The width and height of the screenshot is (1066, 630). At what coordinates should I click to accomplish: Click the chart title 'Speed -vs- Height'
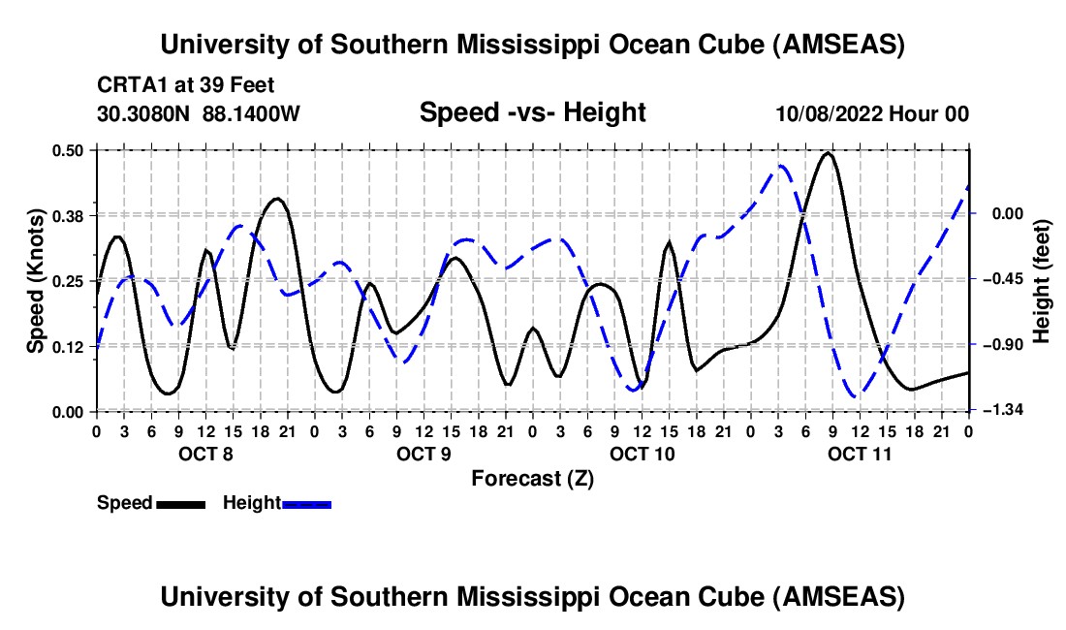(532, 112)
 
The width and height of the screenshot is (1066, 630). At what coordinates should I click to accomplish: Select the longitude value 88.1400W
(252, 114)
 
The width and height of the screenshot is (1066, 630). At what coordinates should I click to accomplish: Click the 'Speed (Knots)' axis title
(36, 280)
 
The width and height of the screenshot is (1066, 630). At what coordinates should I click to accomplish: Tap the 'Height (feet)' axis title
(1042, 280)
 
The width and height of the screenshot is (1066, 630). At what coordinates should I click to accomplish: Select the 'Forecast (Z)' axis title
(532, 478)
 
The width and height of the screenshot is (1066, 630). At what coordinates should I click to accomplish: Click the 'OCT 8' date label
(204, 454)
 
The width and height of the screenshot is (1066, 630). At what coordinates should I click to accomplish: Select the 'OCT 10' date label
(642, 454)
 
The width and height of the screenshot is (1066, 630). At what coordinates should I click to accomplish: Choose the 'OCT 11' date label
(860, 454)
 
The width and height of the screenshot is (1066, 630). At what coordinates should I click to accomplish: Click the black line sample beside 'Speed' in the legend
(181, 503)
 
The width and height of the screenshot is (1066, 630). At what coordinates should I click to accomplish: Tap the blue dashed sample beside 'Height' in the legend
(307, 503)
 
